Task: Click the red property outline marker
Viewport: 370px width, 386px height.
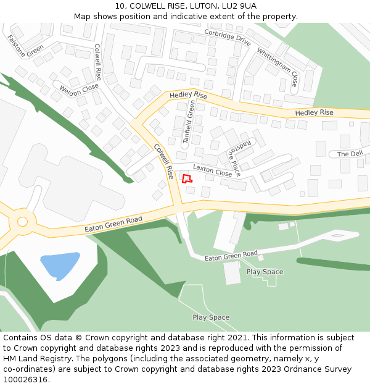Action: pyautogui.click(x=186, y=178)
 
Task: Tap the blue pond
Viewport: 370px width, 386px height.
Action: pyautogui.click(x=59, y=265)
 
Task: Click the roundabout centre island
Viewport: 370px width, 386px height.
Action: pyautogui.click(x=22, y=221)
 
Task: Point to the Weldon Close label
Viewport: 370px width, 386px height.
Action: pyautogui.click(x=79, y=91)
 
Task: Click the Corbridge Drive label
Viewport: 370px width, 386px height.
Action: pyautogui.click(x=228, y=38)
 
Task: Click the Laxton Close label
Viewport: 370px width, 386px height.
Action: pyautogui.click(x=212, y=170)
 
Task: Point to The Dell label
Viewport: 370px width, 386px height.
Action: pyautogui.click(x=350, y=154)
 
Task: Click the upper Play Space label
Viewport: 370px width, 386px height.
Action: pyautogui.click(x=265, y=272)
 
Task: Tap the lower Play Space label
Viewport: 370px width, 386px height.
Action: pyautogui.click(x=211, y=317)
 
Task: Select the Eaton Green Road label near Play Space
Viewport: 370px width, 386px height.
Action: pyautogui.click(x=231, y=255)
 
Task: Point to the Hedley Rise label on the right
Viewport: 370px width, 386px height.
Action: pyautogui.click(x=314, y=112)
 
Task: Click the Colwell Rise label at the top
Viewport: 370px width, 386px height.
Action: pyautogui.click(x=98, y=62)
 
